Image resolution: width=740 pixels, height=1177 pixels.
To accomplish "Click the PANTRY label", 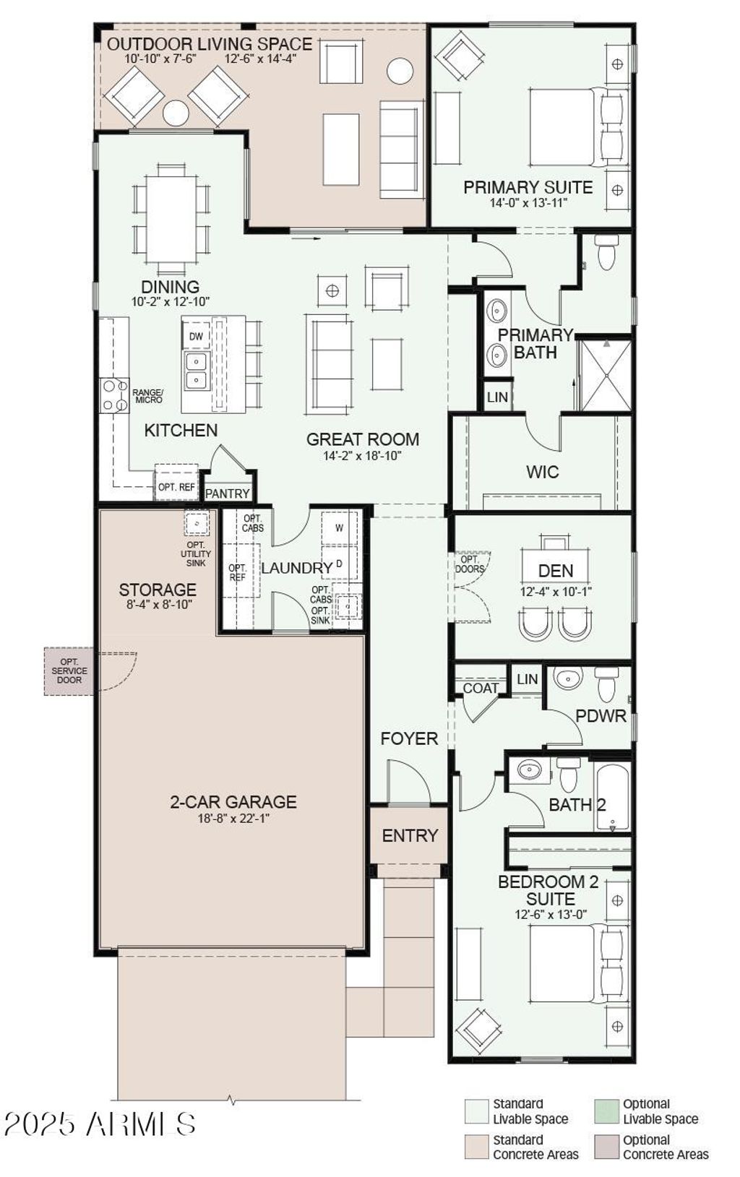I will [228, 493].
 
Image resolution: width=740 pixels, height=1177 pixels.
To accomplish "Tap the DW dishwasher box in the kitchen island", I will [196, 337].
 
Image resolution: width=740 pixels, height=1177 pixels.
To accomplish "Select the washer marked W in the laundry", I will [340, 529].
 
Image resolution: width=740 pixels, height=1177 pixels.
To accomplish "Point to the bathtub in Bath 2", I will [613, 797].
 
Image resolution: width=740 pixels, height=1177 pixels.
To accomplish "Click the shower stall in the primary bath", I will [606, 375].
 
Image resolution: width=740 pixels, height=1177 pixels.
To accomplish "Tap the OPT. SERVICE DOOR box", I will [69, 671].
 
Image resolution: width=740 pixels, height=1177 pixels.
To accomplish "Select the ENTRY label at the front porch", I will [410, 836].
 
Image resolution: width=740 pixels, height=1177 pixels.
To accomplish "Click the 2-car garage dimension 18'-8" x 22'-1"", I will [233, 819].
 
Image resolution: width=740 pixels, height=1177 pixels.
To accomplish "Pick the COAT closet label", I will [481, 689].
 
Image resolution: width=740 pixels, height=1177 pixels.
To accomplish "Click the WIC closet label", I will [542, 473].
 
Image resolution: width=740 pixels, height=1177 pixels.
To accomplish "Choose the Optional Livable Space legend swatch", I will [607, 1111].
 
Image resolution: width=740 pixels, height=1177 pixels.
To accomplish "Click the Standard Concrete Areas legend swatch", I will [476, 1147].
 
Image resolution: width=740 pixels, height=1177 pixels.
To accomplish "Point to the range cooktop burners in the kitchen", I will [114, 395].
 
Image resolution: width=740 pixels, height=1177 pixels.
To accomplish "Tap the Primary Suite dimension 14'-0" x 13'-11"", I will [528, 204].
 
